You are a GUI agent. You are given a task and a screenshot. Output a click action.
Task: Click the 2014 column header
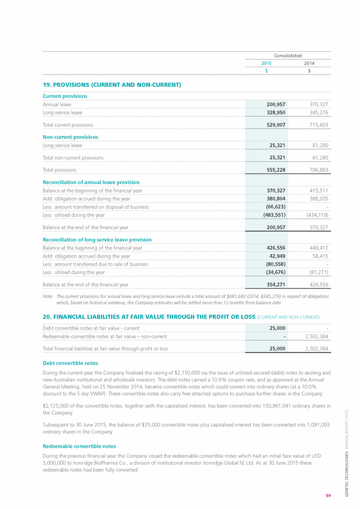pos(309,63)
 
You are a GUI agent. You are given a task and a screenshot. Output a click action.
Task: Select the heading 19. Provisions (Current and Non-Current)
pos(112,85)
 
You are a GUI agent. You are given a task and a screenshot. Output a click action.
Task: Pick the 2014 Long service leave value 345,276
pos(317,113)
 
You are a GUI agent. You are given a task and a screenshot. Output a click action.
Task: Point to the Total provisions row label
pos(59,170)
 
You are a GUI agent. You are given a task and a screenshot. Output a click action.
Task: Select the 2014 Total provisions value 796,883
pos(317,170)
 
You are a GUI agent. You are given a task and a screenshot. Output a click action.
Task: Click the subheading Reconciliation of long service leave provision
pos(97,240)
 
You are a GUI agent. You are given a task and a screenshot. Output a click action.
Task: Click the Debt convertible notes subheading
pos(70,363)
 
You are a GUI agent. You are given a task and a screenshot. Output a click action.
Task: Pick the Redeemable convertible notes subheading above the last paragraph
pos(79,446)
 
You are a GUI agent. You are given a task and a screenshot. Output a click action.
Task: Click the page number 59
pos(328,496)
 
